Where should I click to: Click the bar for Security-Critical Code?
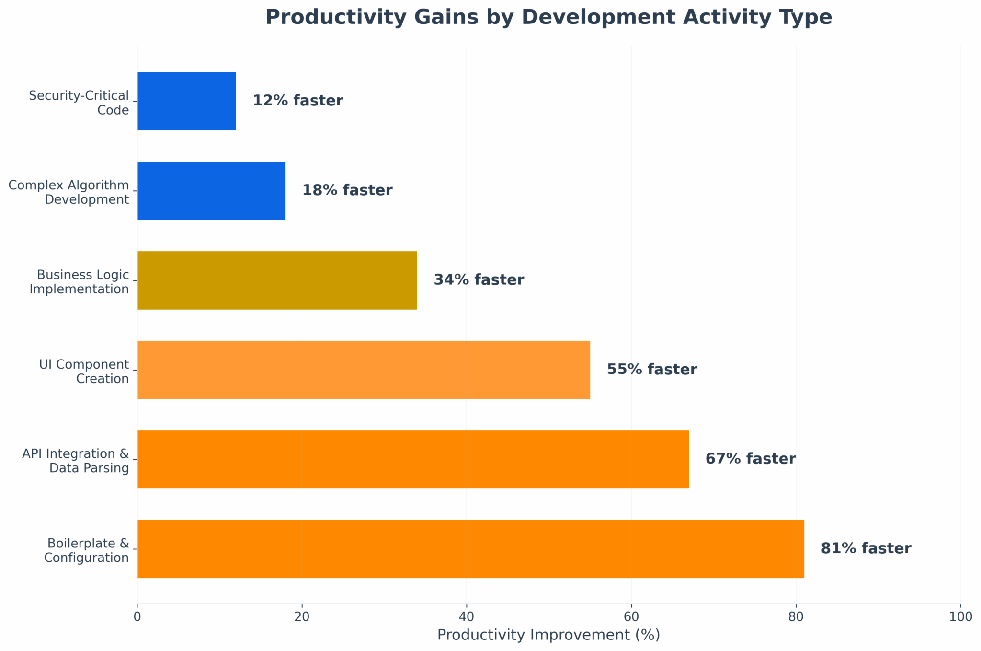[x=187, y=101]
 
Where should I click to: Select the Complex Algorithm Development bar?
[x=211, y=191]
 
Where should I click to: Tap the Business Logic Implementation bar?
[x=277, y=280]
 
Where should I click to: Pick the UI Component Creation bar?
[x=364, y=370]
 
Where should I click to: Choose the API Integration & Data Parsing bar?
[x=413, y=459]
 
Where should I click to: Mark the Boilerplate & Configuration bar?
[x=470, y=549]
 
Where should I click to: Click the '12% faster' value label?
[x=297, y=101]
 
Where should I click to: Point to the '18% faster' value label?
[x=347, y=191]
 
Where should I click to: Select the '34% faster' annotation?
[x=479, y=280]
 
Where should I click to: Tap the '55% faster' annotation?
[x=652, y=370]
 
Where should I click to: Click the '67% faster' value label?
[x=751, y=459]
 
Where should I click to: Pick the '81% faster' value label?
[x=866, y=549]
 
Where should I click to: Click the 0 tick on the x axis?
[x=137, y=616]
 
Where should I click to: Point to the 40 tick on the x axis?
[x=467, y=616]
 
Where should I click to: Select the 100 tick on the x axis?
[x=960, y=616]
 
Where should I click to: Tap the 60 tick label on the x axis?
[x=631, y=616]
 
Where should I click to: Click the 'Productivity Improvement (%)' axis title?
[x=548, y=635]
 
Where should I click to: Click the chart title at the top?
[x=548, y=18]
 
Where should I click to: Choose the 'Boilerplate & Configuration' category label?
[x=87, y=551]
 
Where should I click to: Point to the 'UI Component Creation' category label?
[x=84, y=372]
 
